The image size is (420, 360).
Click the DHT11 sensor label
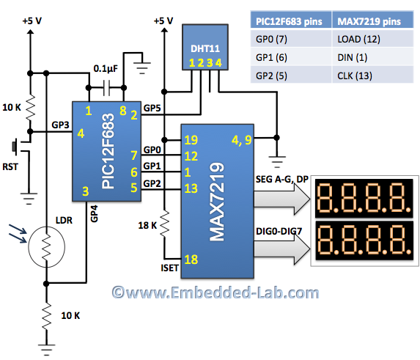205,48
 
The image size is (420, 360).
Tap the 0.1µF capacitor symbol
106,87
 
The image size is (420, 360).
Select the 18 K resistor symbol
164,223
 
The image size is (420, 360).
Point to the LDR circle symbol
47,246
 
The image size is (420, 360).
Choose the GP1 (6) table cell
291,57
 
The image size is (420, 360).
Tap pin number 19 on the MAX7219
191,140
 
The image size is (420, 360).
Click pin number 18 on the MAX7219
191,260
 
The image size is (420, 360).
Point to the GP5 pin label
152,108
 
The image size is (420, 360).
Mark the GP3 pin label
60,125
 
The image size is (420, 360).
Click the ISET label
169,268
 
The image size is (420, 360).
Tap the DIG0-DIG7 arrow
281,249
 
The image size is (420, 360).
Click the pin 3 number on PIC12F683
86,191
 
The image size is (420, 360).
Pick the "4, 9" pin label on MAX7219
242,140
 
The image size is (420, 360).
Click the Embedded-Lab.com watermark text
215,293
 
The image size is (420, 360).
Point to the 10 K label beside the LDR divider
70,315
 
